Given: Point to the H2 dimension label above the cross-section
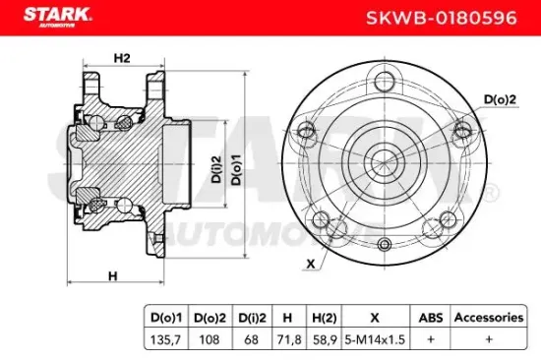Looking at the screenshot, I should pyautogui.click(x=122, y=58).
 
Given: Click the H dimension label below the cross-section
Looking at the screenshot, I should pyautogui.click(x=113, y=276).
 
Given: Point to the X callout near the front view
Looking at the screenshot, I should pyautogui.click(x=311, y=264).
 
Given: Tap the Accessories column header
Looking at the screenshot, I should pyautogui.click(x=488, y=318).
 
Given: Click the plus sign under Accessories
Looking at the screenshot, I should pyautogui.click(x=488, y=337).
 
